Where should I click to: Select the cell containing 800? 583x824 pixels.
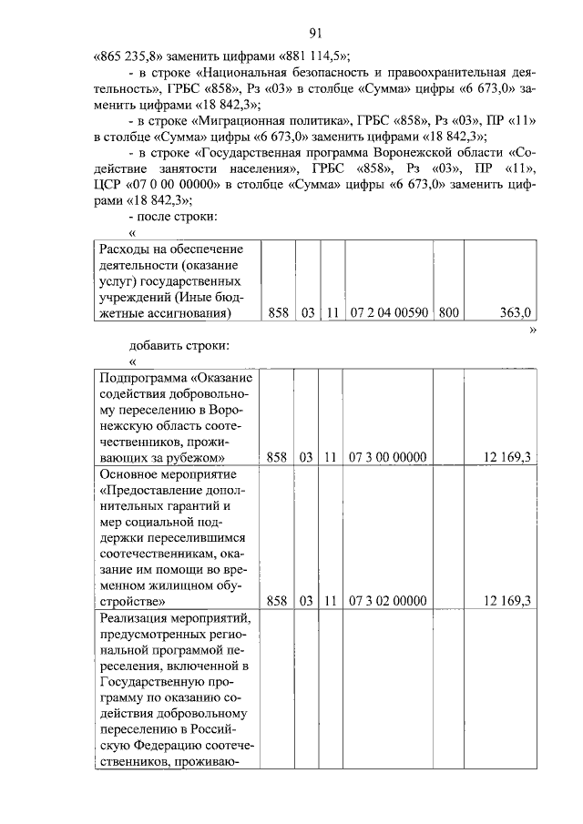pos(448,313)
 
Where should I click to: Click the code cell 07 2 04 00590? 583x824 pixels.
pos(389,313)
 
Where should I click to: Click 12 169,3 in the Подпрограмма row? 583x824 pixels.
pos(508,457)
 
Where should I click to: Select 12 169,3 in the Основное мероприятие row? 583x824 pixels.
pos(508,600)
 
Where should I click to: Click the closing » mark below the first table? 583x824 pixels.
pos(533,330)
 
